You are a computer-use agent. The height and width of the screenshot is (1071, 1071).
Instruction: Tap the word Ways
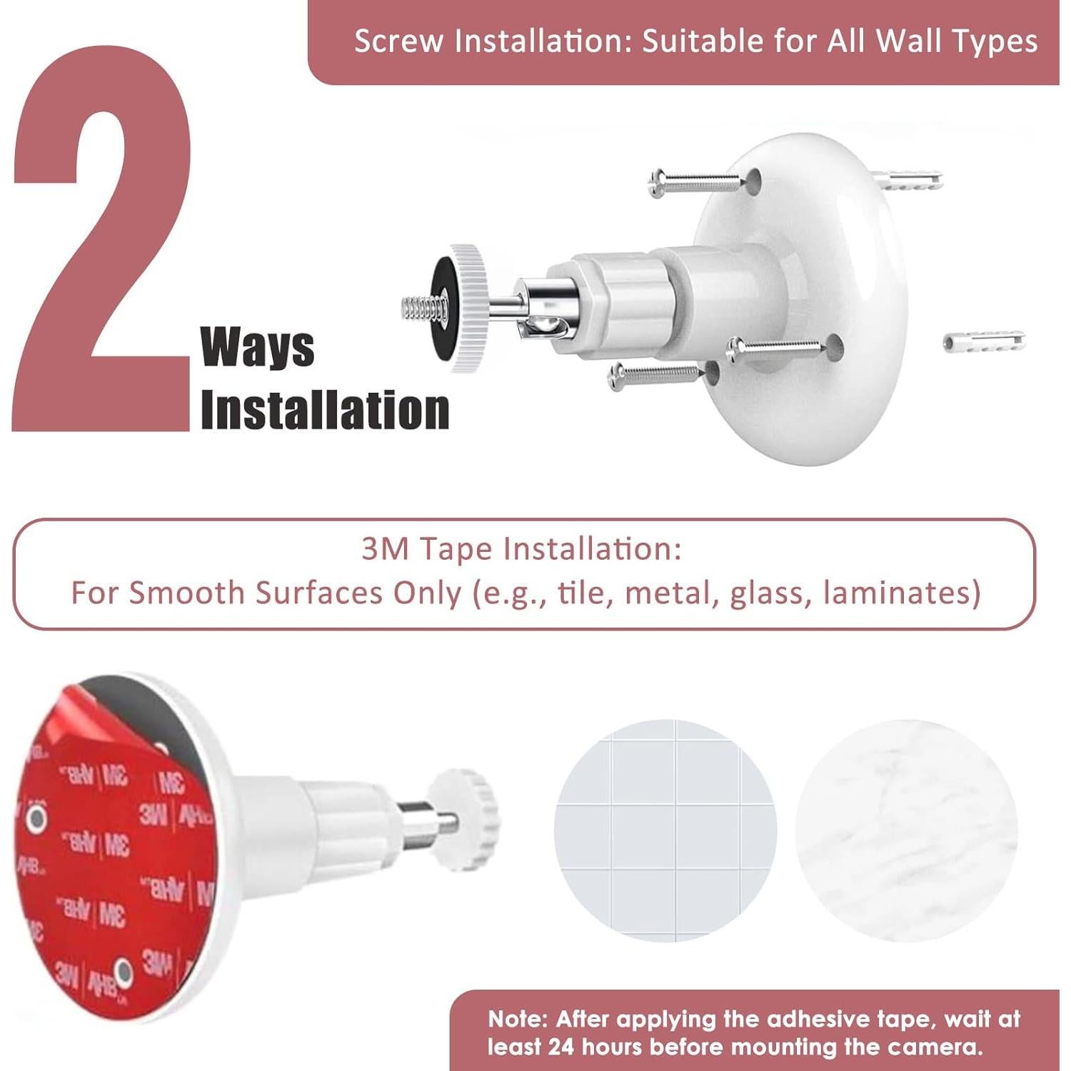[257, 348]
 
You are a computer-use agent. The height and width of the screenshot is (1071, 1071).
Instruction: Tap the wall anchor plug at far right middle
[984, 341]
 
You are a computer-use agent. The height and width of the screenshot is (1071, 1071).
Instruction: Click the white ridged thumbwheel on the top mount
[468, 307]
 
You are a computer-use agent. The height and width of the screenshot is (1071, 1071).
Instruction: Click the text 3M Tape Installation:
[521, 549]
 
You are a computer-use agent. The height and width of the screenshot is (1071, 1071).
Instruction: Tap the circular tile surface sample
[665, 830]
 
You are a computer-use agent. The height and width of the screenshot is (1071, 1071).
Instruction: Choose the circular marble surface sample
[906, 830]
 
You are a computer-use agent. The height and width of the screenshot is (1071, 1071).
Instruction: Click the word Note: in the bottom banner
[518, 1018]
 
